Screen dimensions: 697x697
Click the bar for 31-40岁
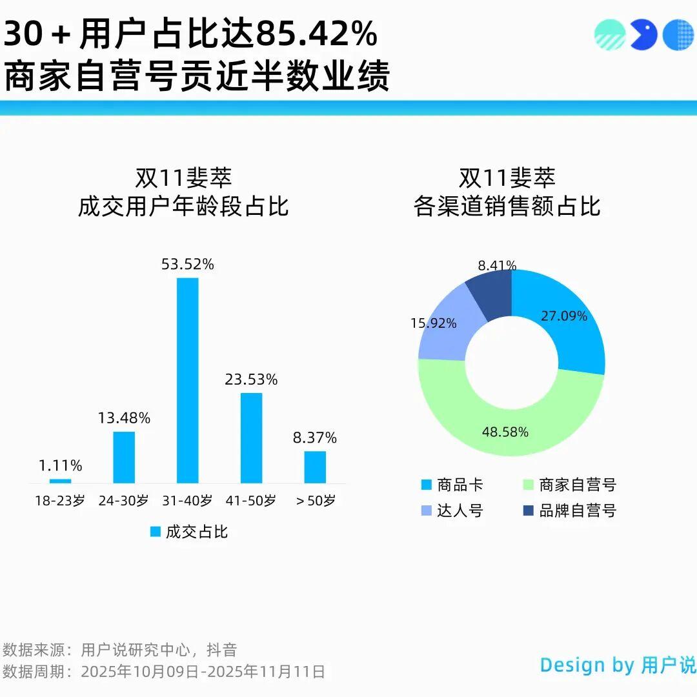[188, 380]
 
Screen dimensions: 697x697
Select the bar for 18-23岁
[60, 481]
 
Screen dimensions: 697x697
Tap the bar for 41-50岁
[252, 438]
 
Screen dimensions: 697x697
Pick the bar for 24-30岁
[124, 457]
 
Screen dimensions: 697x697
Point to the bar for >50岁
[315, 467]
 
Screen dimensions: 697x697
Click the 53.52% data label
[188, 264]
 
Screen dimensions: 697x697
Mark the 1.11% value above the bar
[59, 465]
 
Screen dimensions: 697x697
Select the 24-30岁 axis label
[124, 501]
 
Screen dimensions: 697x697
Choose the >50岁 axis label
[316, 501]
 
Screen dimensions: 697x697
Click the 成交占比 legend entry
[190, 532]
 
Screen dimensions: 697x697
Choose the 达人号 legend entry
[451, 511]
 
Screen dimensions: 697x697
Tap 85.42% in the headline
[317, 35]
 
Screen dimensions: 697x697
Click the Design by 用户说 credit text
[618, 665]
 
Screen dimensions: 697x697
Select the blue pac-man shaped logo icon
[643, 34]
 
